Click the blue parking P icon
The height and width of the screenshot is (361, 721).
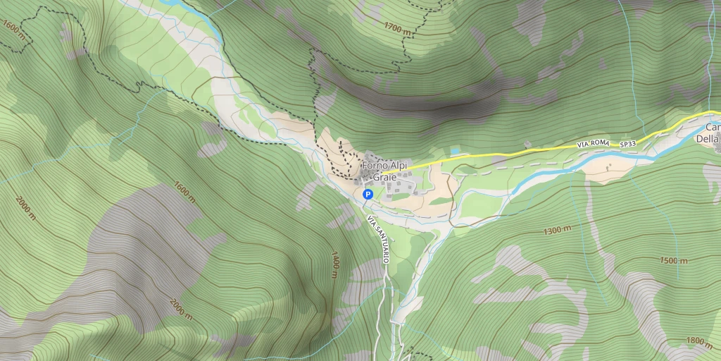pyautogui.click(x=368, y=194)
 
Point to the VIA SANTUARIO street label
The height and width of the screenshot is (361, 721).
pyautogui.click(x=378, y=240)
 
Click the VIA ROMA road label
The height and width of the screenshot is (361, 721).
pyautogui.click(x=592, y=144)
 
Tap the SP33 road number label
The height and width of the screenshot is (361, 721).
pyautogui.click(x=627, y=144)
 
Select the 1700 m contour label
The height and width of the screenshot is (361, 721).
pyautogui.click(x=397, y=29)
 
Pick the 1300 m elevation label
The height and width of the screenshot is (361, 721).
pyautogui.click(x=557, y=231)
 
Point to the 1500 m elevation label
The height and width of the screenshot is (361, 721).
pyautogui.click(x=674, y=260)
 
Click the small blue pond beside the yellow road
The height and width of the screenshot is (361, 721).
pyautogui.click(x=456, y=151)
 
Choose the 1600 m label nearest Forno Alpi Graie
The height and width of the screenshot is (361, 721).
pyautogui.click(x=184, y=192)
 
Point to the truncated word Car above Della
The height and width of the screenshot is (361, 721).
pyautogui.click(x=713, y=128)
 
